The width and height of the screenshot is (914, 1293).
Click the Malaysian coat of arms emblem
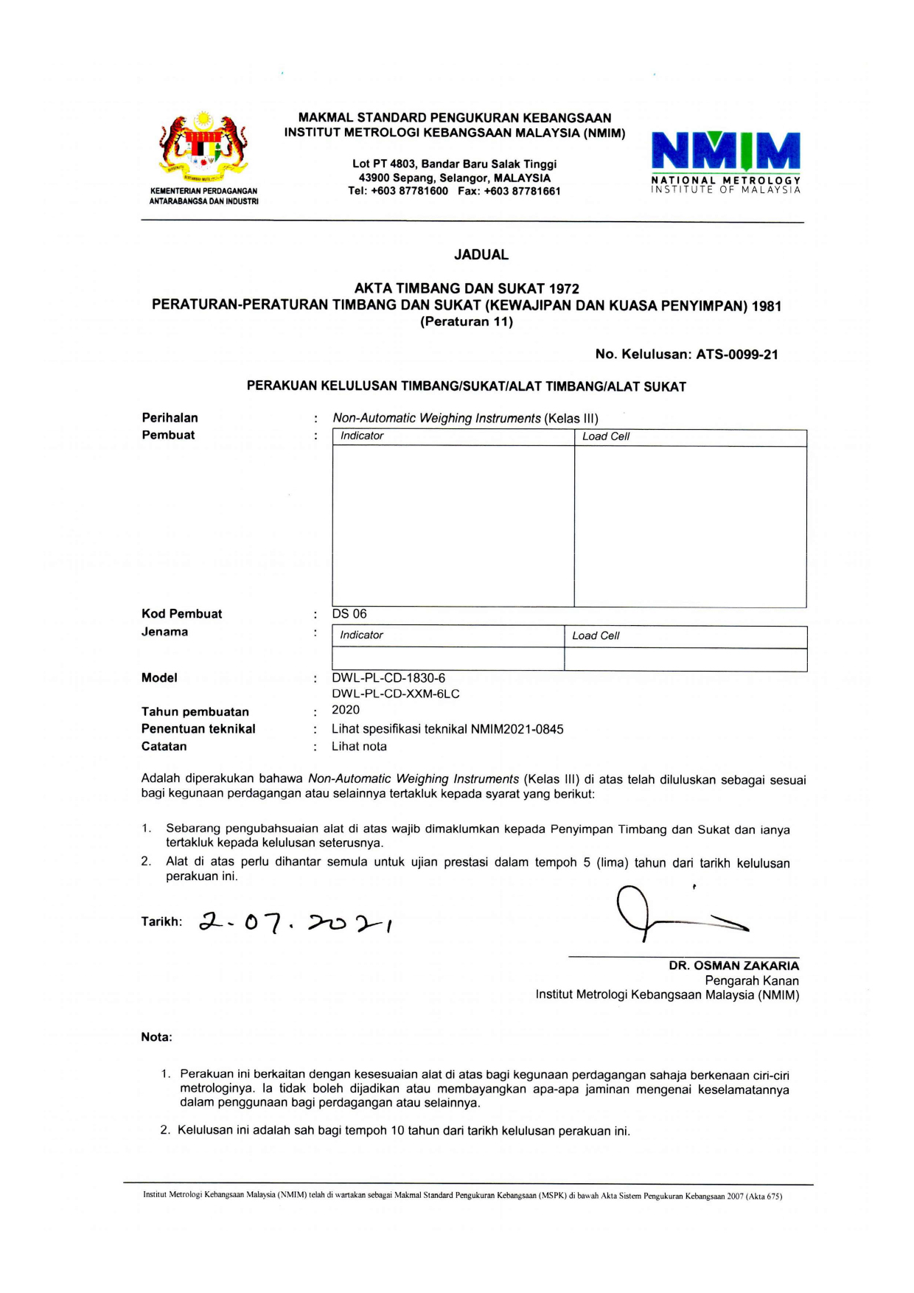click(203, 148)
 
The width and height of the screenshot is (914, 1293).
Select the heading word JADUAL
click(481, 255)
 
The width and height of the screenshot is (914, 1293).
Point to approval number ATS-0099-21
click(737, 355)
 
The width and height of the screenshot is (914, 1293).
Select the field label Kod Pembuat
click(181, 614)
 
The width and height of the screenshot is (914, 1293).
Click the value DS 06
click(349, 614)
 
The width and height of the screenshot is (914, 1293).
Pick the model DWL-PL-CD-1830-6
click(388, 678)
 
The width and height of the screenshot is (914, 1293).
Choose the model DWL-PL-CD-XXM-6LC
click(396, 694)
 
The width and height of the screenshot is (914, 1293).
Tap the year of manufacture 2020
click(346, 710)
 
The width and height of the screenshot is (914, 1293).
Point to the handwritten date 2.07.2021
click(295, 922)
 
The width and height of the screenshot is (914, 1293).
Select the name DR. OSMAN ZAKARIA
click(733, 966)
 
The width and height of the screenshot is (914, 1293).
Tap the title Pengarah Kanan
click(752, 981)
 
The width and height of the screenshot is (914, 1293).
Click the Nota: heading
click(156, 1037)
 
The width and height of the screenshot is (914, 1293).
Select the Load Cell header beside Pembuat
click(606, 437)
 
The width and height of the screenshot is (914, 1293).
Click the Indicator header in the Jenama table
click(361, 635)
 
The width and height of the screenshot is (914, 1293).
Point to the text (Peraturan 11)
click(467, 322)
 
